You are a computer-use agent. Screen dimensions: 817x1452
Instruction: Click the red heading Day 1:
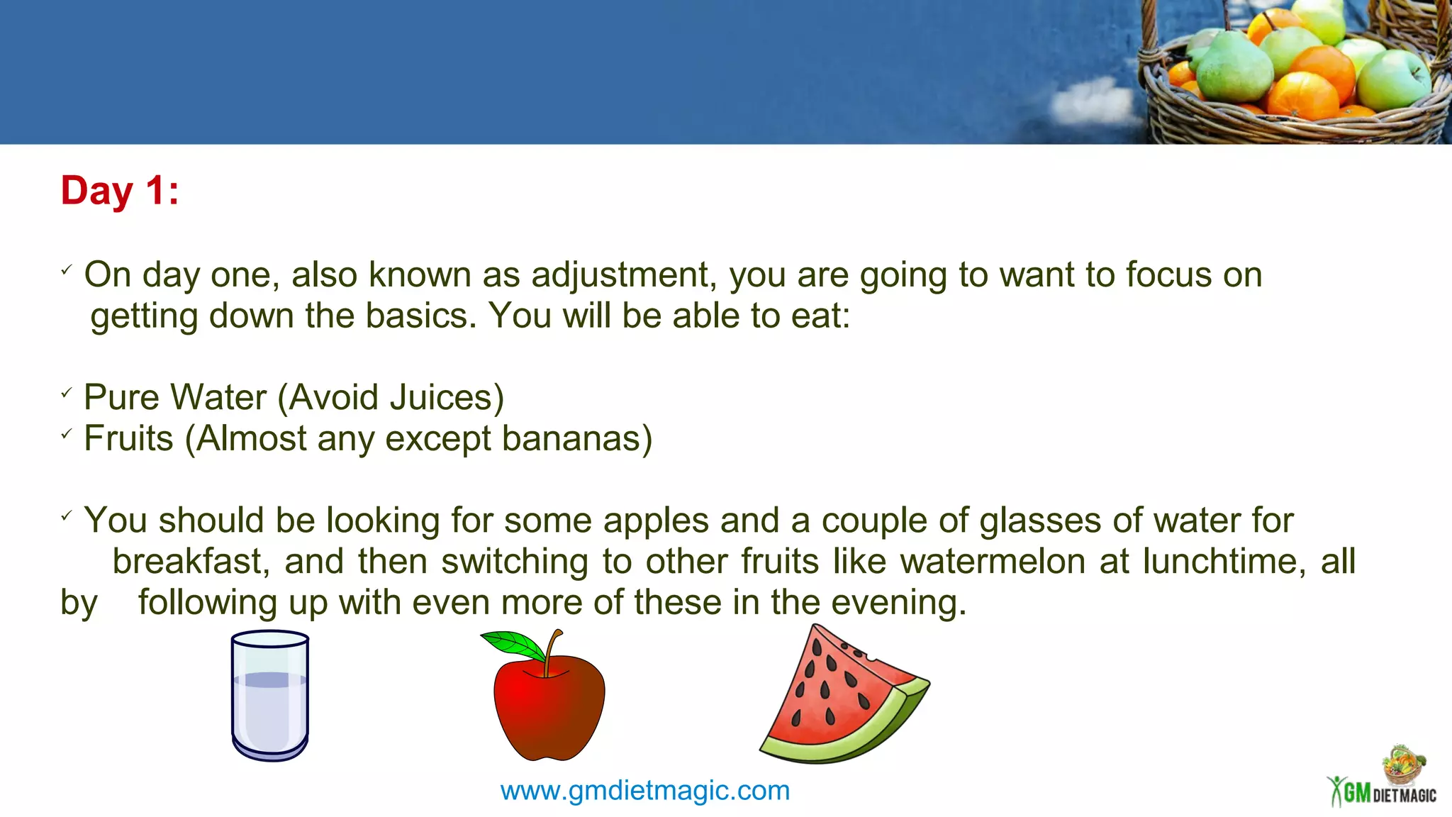[119, 191]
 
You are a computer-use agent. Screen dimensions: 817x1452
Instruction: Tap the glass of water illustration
[270, 696]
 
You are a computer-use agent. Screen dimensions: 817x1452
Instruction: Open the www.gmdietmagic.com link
[644, 790]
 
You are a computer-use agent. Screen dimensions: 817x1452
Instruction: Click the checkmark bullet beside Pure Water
[67, 392]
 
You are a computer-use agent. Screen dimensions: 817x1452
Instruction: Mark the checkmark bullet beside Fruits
[67, 433]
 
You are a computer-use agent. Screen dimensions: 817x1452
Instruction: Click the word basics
[421, 316]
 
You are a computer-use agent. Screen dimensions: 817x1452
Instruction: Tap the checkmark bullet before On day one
[67, 269]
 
